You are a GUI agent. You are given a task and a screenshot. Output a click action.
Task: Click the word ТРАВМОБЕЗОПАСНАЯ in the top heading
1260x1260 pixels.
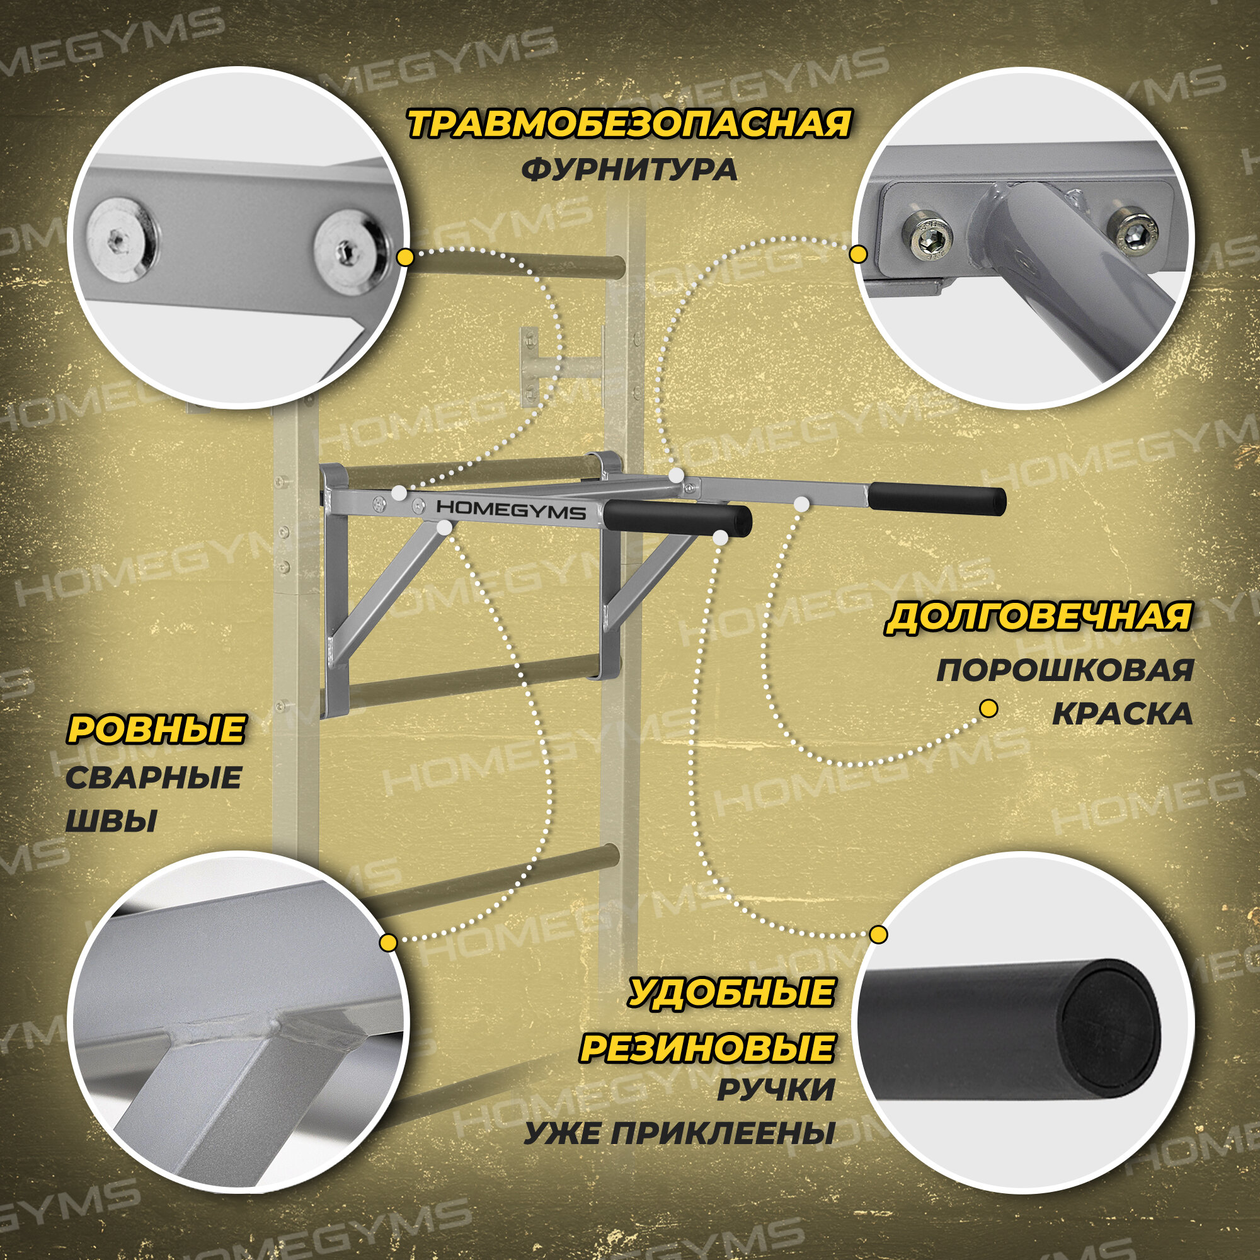pyautogui.click(x=629, y=125)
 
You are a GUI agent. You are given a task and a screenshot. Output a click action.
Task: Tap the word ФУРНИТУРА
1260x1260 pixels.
pyautogui.click(x=629, y=170)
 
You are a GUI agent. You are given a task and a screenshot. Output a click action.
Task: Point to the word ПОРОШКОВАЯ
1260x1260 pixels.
pyautogui.click(x=1064, y=670)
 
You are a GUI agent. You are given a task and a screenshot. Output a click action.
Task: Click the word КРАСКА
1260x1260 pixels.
pyautogui.click(x=1123, y=714)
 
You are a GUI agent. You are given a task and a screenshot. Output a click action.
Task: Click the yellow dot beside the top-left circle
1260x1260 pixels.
pyautogui.click(x=406, y=257)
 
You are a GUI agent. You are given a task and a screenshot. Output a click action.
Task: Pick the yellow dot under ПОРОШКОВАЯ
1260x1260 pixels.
pyautogui.click(x=988, y=709)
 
